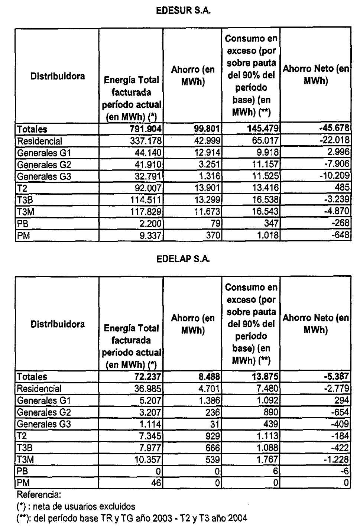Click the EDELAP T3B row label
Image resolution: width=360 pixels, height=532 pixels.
[25, 448]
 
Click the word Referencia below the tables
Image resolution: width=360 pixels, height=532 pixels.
[39, 494]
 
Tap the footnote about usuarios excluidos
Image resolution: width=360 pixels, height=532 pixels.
[76, 506]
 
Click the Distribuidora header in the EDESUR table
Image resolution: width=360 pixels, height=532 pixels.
[57, 76]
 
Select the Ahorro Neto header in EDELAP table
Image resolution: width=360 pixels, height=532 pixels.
[315, 324]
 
